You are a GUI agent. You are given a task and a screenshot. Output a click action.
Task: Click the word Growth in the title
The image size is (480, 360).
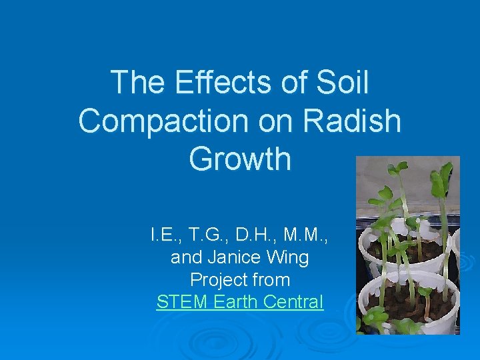(x=240, y=159)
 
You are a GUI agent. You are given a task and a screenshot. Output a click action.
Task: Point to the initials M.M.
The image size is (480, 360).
(x=307, y=235)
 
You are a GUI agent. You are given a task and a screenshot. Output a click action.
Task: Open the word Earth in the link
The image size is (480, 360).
(x=235, y=301)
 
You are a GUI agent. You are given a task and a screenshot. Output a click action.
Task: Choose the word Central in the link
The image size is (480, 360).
(x=293, y=301)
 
